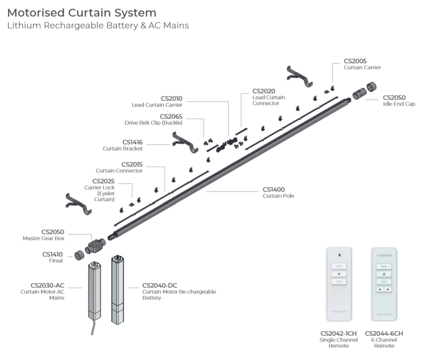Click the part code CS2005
(355, 61)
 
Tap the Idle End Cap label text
(399, 104)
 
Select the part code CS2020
(263, 91)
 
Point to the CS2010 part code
(172, 99)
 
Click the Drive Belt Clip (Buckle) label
(153, 123)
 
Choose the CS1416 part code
(132, 142)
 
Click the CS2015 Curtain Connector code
(132, 165)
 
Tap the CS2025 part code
(103, 181)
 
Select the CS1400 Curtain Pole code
(274, 190)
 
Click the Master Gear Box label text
(44, 239)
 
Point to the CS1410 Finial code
(52, 254)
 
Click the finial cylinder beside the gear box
(79, 255)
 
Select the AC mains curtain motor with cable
(94, 292)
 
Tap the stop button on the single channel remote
(339, 274)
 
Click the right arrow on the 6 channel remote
(388, 289)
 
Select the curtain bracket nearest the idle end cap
(299, 76)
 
